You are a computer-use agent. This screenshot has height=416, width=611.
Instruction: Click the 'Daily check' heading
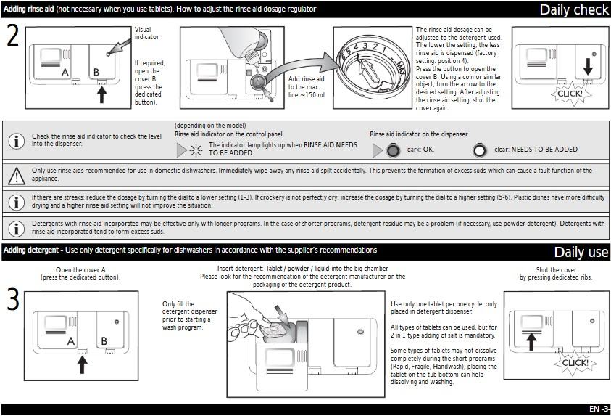pyautogui.click(x=573, y=9)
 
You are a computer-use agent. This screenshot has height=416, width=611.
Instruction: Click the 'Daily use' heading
pyautogui.click(x=581, y=252)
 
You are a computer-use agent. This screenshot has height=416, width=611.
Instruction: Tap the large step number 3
pyautogui.click(x=12, y=301)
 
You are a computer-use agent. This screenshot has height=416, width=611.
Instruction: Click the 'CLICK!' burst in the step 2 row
pyautogui.click(x=568, y=94)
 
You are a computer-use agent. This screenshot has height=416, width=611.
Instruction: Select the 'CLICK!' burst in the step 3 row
pyautogui.click(x=575, y=362)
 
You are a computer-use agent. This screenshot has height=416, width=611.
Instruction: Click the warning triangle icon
pyautogui.click(x=16, y=175)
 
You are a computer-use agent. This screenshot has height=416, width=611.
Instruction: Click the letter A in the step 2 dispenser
pyautogui.click(x=65, y=73)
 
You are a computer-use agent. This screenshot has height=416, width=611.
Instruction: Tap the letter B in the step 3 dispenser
pyautogui.click(x=103, y=340)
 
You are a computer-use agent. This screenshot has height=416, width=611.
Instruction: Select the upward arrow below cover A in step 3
pyautogui.click(x=82, y=362)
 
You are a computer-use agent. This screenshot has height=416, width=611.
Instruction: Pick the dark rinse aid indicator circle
pyautogui.click(x=392, y=150)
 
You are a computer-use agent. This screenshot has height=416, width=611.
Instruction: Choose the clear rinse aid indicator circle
pyautogui.click(x=479, y=150)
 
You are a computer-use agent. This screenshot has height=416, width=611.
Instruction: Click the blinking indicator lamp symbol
pyautogui.click(x=194, y=150)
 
